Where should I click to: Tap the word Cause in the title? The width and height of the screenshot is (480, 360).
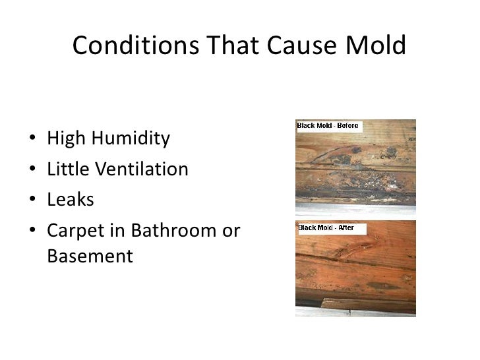pos(287,47)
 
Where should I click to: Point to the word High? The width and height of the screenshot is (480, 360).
pos(66,140)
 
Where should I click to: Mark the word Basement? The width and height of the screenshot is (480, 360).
pos(90,255)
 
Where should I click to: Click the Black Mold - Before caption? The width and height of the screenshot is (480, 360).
pos(328,125)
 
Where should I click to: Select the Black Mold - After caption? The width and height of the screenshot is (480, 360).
pos(326,227)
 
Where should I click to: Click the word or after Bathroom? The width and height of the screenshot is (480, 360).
pos(231,233)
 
